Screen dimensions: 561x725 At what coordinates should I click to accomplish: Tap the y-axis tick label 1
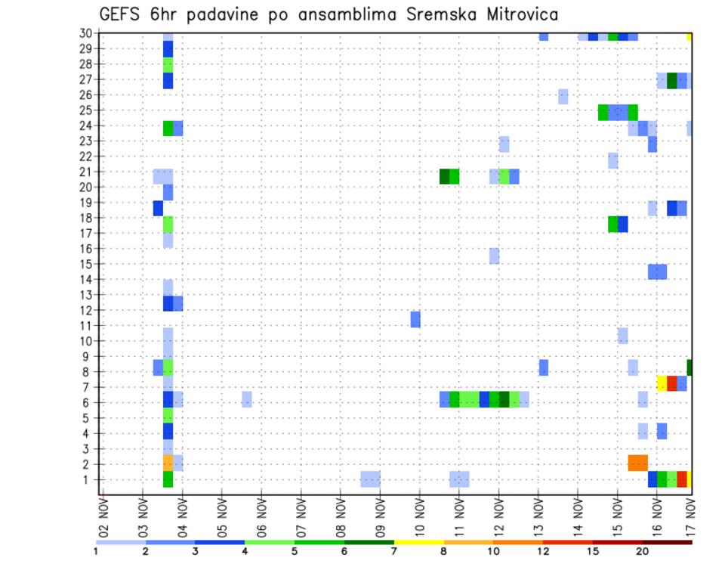click(90, 479)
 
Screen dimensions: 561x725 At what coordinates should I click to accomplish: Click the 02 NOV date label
click(103, 517)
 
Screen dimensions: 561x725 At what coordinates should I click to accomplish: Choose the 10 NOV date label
click(419, 517)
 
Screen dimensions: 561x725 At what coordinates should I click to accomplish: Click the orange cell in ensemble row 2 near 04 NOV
click(168, 463)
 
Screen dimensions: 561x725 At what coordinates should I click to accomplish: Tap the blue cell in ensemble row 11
click(415, 319)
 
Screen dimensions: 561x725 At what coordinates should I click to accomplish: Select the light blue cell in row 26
click(563, 96)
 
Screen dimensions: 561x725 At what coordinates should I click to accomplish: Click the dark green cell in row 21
click(445, 176)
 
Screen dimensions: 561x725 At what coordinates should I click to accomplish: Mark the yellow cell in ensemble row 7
click(662, 383)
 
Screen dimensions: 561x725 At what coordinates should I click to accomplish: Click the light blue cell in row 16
click(168, 240)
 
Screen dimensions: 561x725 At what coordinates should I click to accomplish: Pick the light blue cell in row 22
click(612, 160)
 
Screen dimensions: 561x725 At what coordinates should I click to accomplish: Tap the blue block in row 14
click(657, 271)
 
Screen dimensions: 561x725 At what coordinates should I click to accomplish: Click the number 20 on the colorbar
click(643, 551)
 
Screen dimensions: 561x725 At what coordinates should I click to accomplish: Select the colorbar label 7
click(393, 551)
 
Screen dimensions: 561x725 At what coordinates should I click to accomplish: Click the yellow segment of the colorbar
click(418, 542)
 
